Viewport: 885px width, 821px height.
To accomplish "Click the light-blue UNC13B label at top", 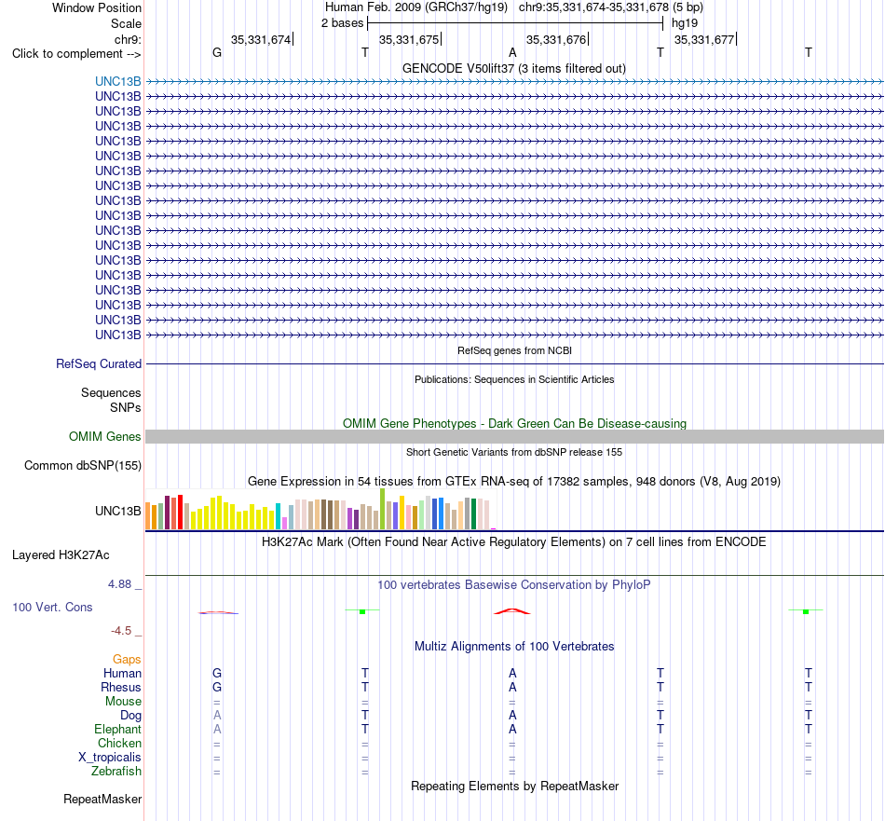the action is tap(118, 81).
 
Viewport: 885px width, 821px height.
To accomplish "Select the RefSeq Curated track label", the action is tap(99, 363).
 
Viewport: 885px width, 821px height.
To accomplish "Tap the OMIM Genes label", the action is tap(105, 436).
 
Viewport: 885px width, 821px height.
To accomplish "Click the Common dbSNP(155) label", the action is tap(83, 465).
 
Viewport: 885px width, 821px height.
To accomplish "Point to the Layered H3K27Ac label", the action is tap(61, 555).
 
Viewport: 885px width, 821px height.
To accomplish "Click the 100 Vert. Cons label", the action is tap(52, 607).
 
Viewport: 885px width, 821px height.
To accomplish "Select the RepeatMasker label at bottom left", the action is tap(102, 799).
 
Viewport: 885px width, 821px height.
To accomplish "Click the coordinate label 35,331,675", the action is tap(409, 39).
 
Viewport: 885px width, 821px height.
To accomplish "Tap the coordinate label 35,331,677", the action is tap(704, 39).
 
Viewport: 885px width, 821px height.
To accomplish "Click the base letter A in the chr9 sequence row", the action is tap(512, 52).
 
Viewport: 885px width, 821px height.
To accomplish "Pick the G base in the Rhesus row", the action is tap(217, 687).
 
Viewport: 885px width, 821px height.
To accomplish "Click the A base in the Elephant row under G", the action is tap(217, 729).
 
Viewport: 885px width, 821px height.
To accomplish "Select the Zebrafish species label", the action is tap(116, 771).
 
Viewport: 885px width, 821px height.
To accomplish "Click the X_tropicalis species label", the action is tap(110, 758).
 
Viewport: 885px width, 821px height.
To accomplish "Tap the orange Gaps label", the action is tap(127, 660).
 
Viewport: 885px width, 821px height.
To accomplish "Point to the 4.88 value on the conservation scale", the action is tap(119, 584).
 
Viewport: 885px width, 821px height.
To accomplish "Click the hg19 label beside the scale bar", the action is tap(685, 23).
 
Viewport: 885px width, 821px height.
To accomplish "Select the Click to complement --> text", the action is tap(76, 54).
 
